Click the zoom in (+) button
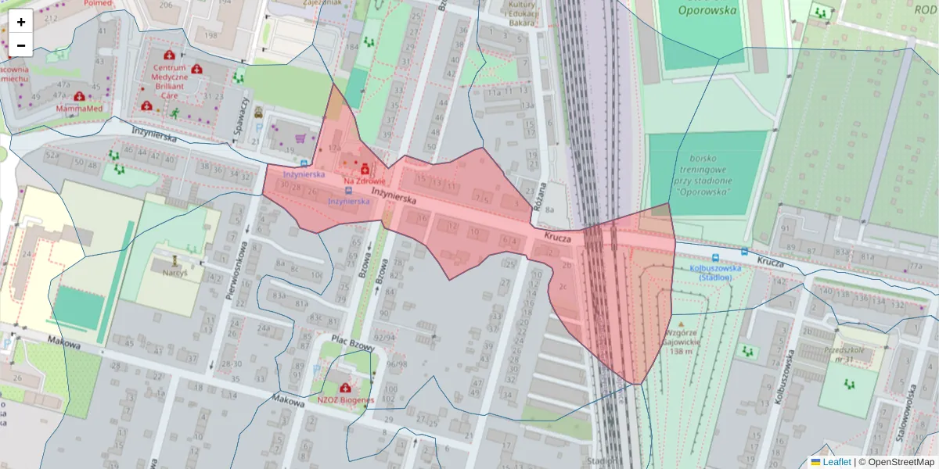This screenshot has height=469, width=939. (21, 22)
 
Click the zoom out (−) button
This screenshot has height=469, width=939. (21, 45)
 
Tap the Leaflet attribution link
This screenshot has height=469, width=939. (836, 462)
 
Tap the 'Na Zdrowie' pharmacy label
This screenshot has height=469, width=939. (365, 181)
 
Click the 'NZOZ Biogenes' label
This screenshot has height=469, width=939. (345, 400)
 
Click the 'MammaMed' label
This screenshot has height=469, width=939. (79, 108)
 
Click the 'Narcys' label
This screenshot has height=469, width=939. (176, 274)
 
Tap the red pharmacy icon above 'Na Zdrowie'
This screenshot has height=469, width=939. (365, 167)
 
